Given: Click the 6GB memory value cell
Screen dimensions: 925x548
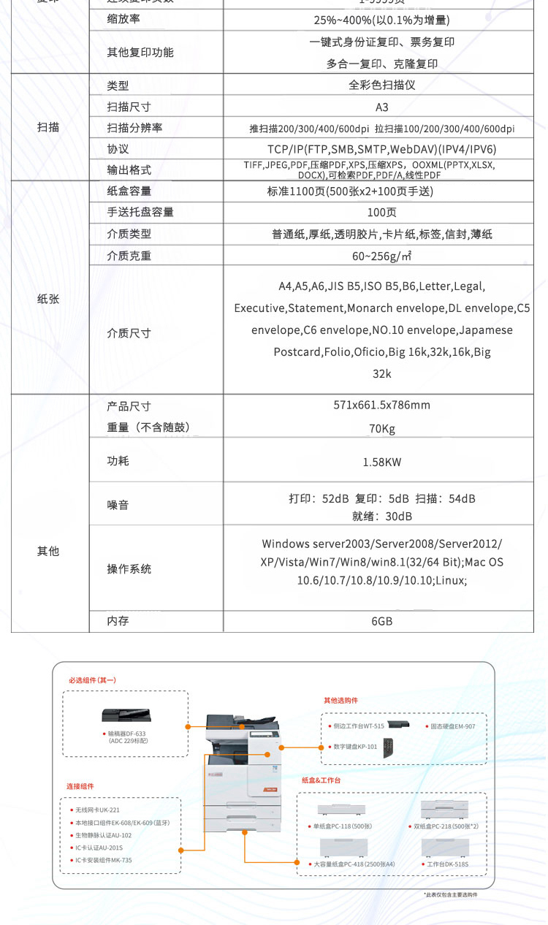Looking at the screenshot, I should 381,621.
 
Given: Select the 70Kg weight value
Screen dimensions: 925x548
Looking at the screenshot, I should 381,429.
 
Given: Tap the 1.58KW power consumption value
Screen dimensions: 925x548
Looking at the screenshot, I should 381,462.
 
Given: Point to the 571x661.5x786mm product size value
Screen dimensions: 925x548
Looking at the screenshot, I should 381,406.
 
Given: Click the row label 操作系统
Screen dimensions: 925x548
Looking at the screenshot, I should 129,568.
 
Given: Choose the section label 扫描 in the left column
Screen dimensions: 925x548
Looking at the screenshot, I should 48,127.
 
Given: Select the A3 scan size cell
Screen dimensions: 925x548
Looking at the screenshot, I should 381,107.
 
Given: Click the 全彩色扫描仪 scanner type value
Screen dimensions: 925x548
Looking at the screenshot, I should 381,85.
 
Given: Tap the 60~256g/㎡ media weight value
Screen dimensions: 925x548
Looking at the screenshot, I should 381,256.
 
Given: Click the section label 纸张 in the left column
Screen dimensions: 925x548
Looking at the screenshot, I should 48,299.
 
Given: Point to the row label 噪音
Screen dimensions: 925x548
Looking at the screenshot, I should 118,505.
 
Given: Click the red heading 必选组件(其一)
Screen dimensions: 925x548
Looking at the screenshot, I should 93,680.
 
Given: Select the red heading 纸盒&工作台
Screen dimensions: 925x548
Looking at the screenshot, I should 321,780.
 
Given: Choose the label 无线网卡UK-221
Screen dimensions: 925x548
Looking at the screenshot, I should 98,810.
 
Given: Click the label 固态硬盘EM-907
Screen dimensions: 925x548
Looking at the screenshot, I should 452,726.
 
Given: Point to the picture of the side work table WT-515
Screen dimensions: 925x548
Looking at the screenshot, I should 399,724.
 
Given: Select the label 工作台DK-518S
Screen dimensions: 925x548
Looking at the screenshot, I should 447,864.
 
